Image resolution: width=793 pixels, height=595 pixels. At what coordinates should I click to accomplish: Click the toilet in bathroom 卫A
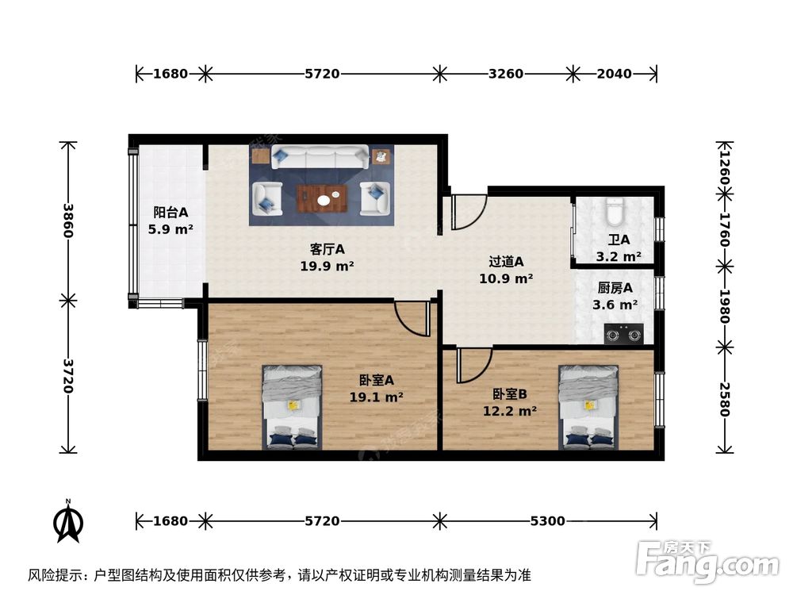coord(614,213)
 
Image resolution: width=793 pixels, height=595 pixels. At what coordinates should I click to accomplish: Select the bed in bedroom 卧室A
coord(292,406)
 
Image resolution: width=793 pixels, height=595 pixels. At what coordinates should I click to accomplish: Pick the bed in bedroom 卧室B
coord(588,406)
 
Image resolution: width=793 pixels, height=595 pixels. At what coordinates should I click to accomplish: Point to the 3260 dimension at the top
coord(505,74)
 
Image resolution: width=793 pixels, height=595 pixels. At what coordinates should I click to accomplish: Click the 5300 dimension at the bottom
coord(547,521)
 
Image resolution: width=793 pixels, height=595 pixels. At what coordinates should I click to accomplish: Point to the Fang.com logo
coord(707,559)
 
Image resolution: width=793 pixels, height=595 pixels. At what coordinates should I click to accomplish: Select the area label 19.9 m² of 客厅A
coord(327,267)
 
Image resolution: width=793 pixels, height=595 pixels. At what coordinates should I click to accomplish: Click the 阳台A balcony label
coord(170,213)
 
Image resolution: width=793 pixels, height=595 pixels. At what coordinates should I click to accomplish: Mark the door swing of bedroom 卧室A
coord(413,318)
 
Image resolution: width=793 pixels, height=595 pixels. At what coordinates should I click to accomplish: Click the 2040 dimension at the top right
coord(614,74)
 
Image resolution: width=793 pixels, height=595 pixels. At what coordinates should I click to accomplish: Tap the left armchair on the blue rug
coord(266,198)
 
